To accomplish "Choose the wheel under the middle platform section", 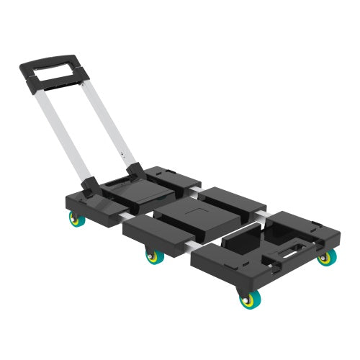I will tap(153, 256).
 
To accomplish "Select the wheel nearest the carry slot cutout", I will tap(325, 257).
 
